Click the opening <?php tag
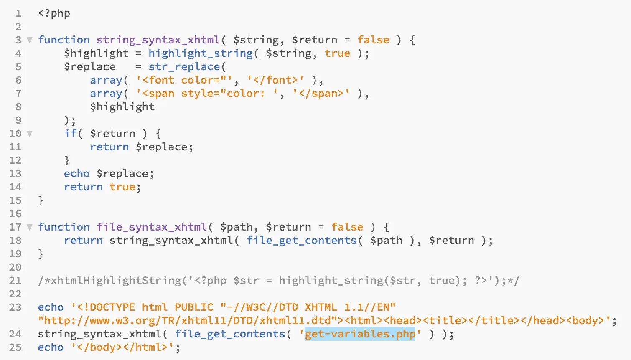tap(54, 13)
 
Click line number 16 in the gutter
tap(15, 214)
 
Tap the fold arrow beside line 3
tap(29, 40)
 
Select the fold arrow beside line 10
tap(29, 134)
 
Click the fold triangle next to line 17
tap(29, 227)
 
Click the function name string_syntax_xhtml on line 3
tap(158, 40)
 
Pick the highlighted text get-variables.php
tap(360, 334)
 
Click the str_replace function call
tap(184, 67)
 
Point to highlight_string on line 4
tap(201, 53)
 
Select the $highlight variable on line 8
tap(122, 107)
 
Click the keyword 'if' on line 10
tap(70, 134)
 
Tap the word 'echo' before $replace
tap(76, 174)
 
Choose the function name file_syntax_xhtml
tap(152, 227)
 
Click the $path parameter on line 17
tap(237, 227)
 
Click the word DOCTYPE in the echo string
tap(112, 307)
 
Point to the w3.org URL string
tap(188, 321)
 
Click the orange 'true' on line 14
tap(122, 187)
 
